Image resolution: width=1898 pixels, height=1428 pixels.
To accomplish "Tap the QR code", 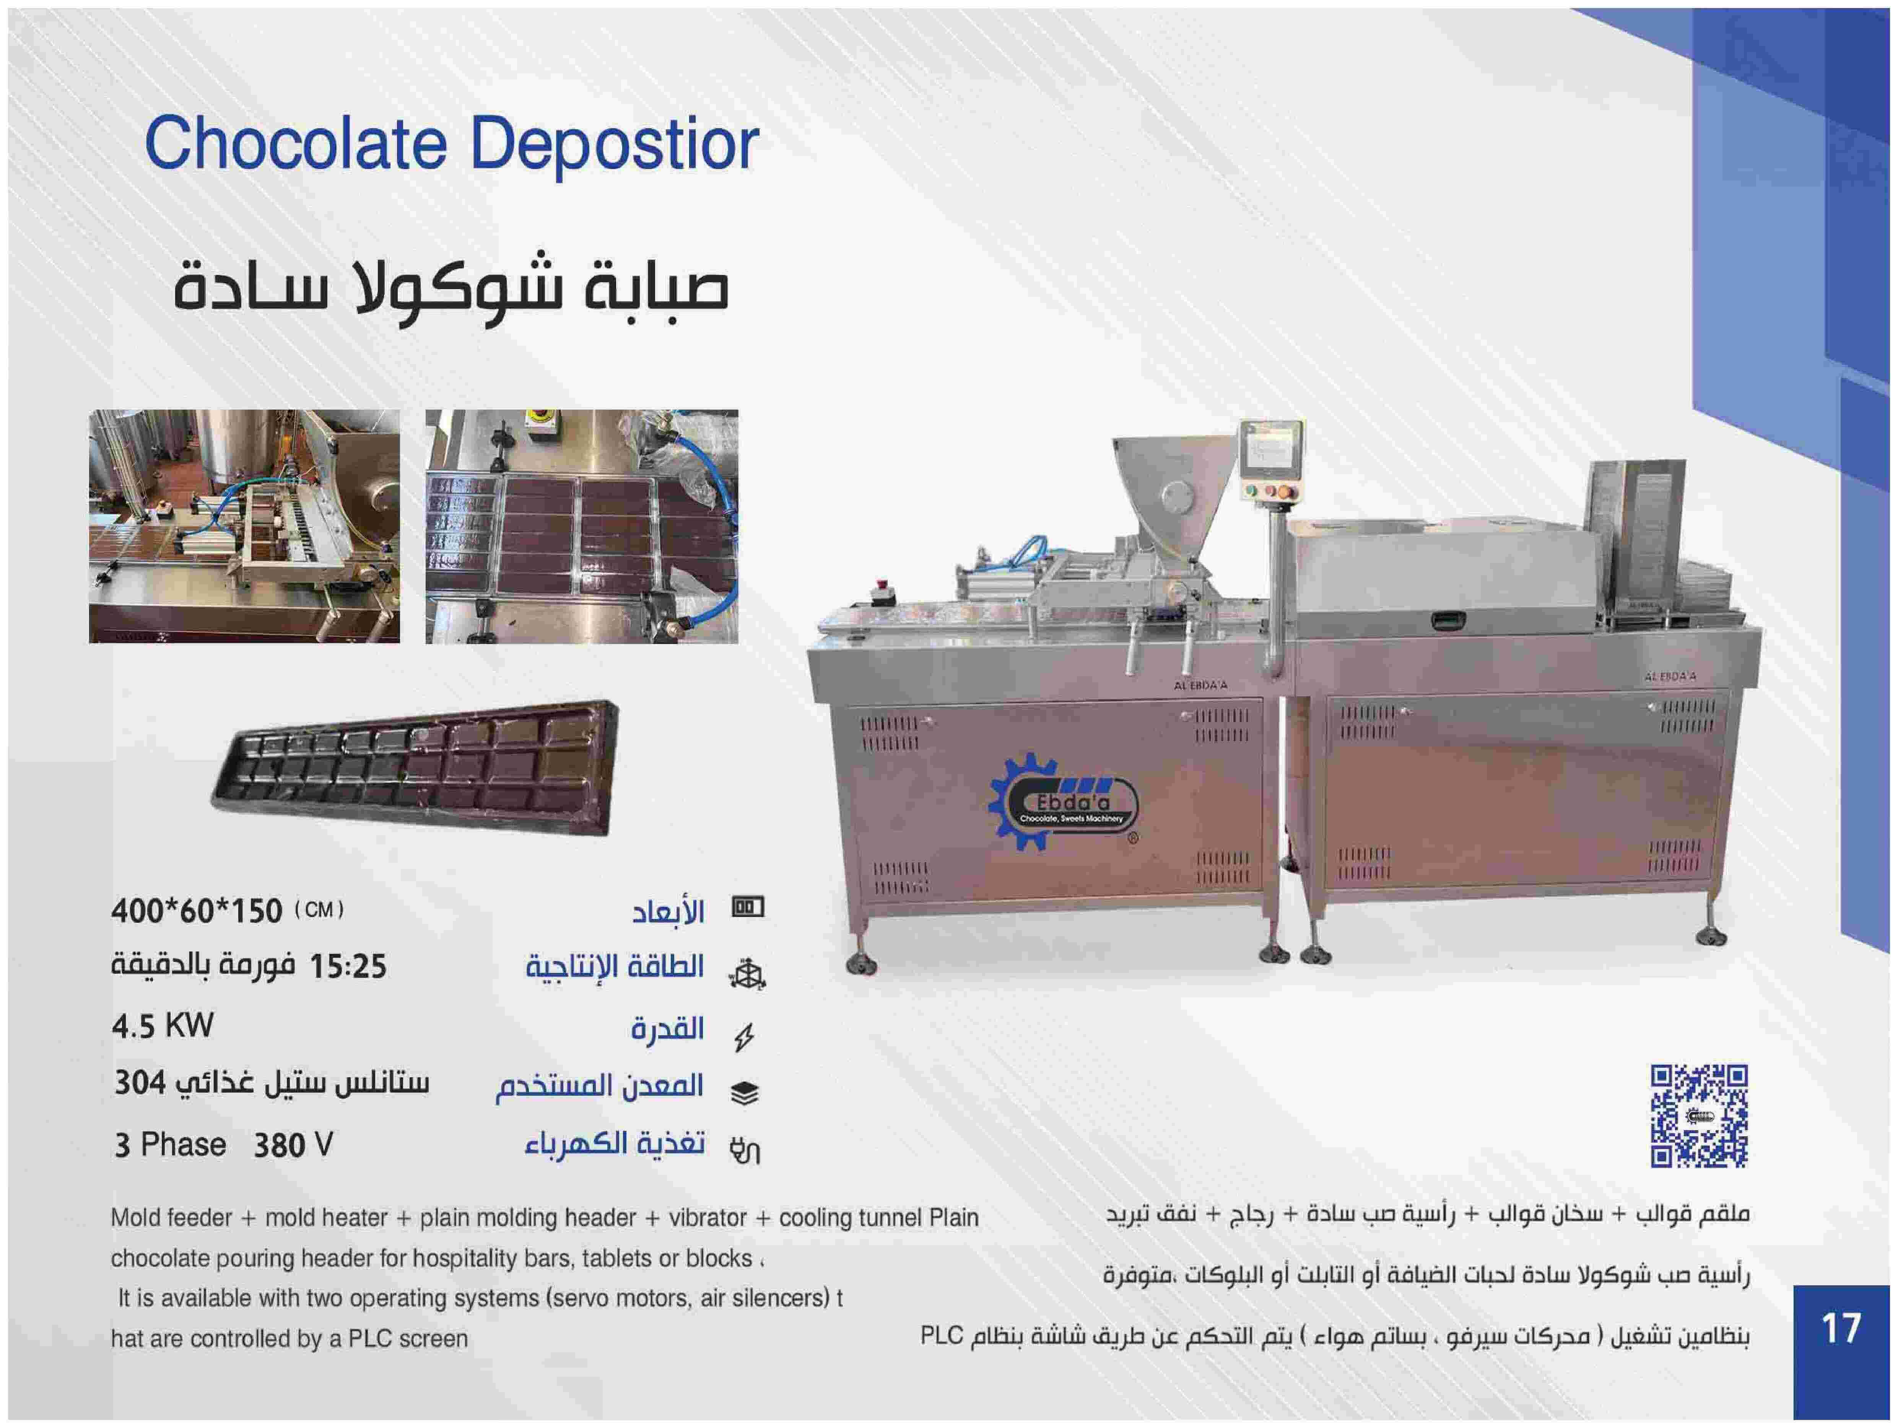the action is pyautogui.click(x=1699, y=1116).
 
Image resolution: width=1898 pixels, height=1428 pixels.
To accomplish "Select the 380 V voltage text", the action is pyautogui.click(x=293, y=1145).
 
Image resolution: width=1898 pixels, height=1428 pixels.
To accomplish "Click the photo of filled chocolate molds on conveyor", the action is pyautogui.click(x=582, y=526).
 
